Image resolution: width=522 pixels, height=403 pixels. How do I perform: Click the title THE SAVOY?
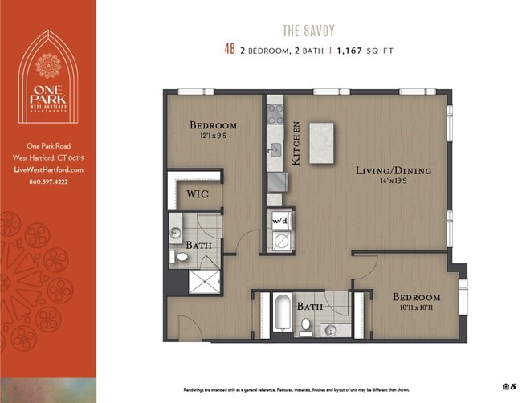tap(308, 31)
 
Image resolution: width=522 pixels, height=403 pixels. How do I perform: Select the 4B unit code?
tap(230, 49)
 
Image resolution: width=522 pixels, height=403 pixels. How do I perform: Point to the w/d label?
tap(281, 218)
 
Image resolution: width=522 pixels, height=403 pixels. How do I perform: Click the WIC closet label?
tap(198, 193)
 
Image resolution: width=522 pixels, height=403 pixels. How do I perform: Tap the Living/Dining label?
tap(394, 171)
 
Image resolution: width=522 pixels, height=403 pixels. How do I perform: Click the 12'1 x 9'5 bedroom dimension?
tap(213, 136)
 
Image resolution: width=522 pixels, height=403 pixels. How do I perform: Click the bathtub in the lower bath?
tap(281, 315)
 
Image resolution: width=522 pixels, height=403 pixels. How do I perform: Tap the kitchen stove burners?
tap(275, 114)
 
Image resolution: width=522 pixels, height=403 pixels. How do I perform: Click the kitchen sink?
tap(275, 149)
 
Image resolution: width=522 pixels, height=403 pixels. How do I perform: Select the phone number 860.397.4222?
tap(48, 182)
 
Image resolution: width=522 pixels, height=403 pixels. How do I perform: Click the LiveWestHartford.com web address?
tap(48, 170)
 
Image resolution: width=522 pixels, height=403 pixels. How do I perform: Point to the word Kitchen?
tap(296, 143)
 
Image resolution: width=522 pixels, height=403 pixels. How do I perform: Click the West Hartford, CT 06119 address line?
tap(48, 157)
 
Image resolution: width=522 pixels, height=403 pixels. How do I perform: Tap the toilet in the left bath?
tap(181, 257)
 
